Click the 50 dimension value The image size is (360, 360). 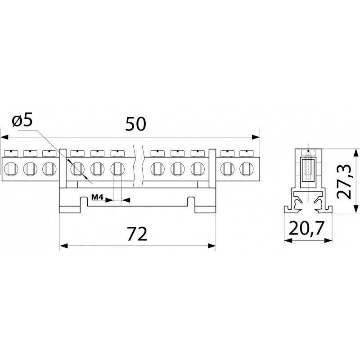coord(135,124)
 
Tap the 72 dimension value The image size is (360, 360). coord(137,234)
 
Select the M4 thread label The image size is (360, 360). coord(98,197)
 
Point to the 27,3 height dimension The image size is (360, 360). coord(344,181)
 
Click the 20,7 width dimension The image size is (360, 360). coord(306,228)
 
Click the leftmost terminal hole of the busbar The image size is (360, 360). coord(11,169)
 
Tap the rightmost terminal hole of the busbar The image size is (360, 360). coord(246,169)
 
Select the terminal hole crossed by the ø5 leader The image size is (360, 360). coord(77,169)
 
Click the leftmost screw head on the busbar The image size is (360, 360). coord(11,153)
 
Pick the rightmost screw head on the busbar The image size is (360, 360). coord(246,153)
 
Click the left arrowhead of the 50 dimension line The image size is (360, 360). coord(4,137)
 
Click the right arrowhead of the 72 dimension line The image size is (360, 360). coord(211,246)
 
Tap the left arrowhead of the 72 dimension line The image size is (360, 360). coord(63,246)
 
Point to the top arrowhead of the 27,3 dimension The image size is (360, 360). coord(356,153)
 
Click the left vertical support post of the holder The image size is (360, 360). coord(63,168)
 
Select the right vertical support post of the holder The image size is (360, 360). coord(212,168)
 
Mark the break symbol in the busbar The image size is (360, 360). coord(138,165)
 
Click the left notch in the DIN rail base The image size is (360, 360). coord(84,202)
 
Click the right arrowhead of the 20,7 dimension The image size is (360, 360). coord(328,240)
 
